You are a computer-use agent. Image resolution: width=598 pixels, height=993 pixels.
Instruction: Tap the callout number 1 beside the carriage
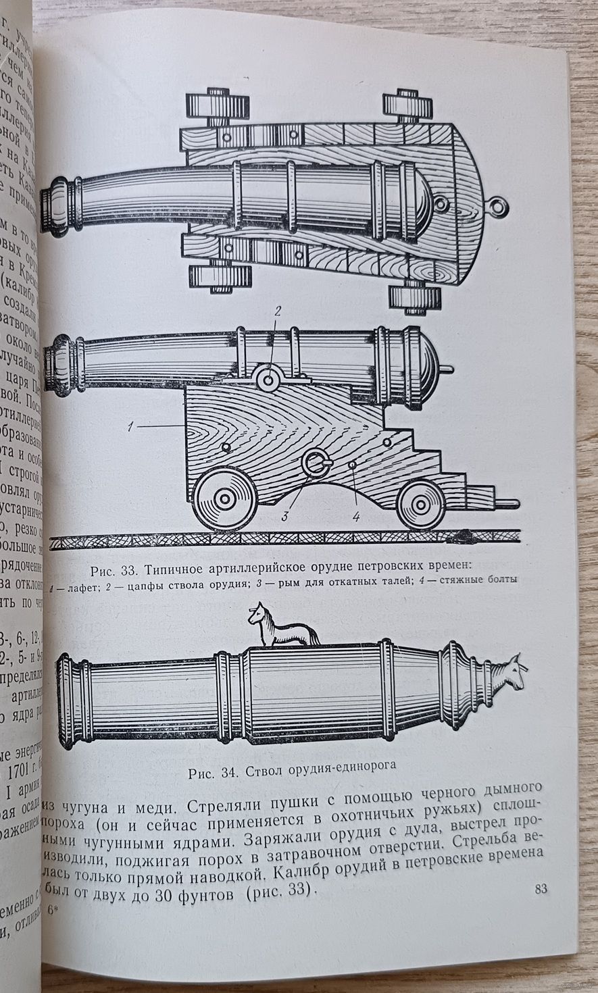click(134, 426)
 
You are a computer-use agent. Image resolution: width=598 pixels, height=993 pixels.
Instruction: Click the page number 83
click(540, 888)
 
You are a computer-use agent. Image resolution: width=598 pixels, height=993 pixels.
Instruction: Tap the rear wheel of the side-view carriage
click(421, 503)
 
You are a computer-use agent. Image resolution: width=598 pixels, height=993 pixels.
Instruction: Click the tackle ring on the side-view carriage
click(316, 465)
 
